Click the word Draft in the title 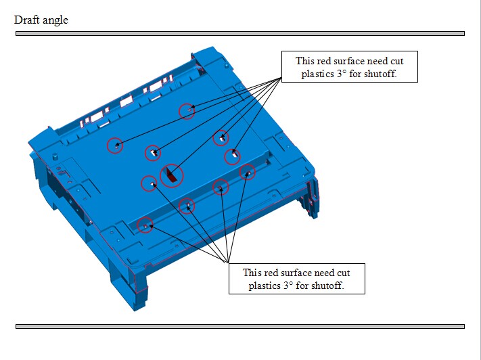click(x=26, y=20)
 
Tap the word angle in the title click(x=55, y=21)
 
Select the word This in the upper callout click(x=304, y=61)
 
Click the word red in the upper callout click(x=323, y=61)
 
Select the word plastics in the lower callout click(x=264, y=286)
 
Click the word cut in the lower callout click(x=344, y=273)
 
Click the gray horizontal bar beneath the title click(x=240, y=33)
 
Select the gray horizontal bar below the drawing click(x=240, y=327)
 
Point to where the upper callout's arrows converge click(x=281, y=78)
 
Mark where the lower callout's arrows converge click(x=228, y=263)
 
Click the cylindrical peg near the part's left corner click(x=55, y=156)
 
